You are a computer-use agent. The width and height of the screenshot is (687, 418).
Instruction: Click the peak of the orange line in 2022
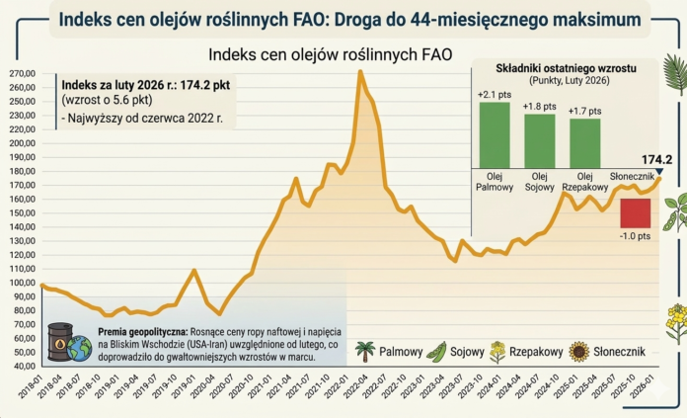360,71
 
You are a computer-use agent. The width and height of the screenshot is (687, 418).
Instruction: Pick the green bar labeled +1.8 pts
539,140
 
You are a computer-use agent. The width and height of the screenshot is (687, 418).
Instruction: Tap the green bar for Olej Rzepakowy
584,143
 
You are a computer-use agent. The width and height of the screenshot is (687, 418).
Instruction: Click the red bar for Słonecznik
635,212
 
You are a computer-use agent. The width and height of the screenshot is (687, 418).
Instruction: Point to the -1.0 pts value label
635,237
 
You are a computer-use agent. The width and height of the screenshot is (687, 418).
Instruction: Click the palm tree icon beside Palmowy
364,351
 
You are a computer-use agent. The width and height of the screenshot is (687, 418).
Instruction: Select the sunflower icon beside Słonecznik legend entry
579,351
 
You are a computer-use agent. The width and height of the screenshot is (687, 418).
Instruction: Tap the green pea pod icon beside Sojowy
435,351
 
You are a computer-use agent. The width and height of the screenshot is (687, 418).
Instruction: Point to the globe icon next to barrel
80,347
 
